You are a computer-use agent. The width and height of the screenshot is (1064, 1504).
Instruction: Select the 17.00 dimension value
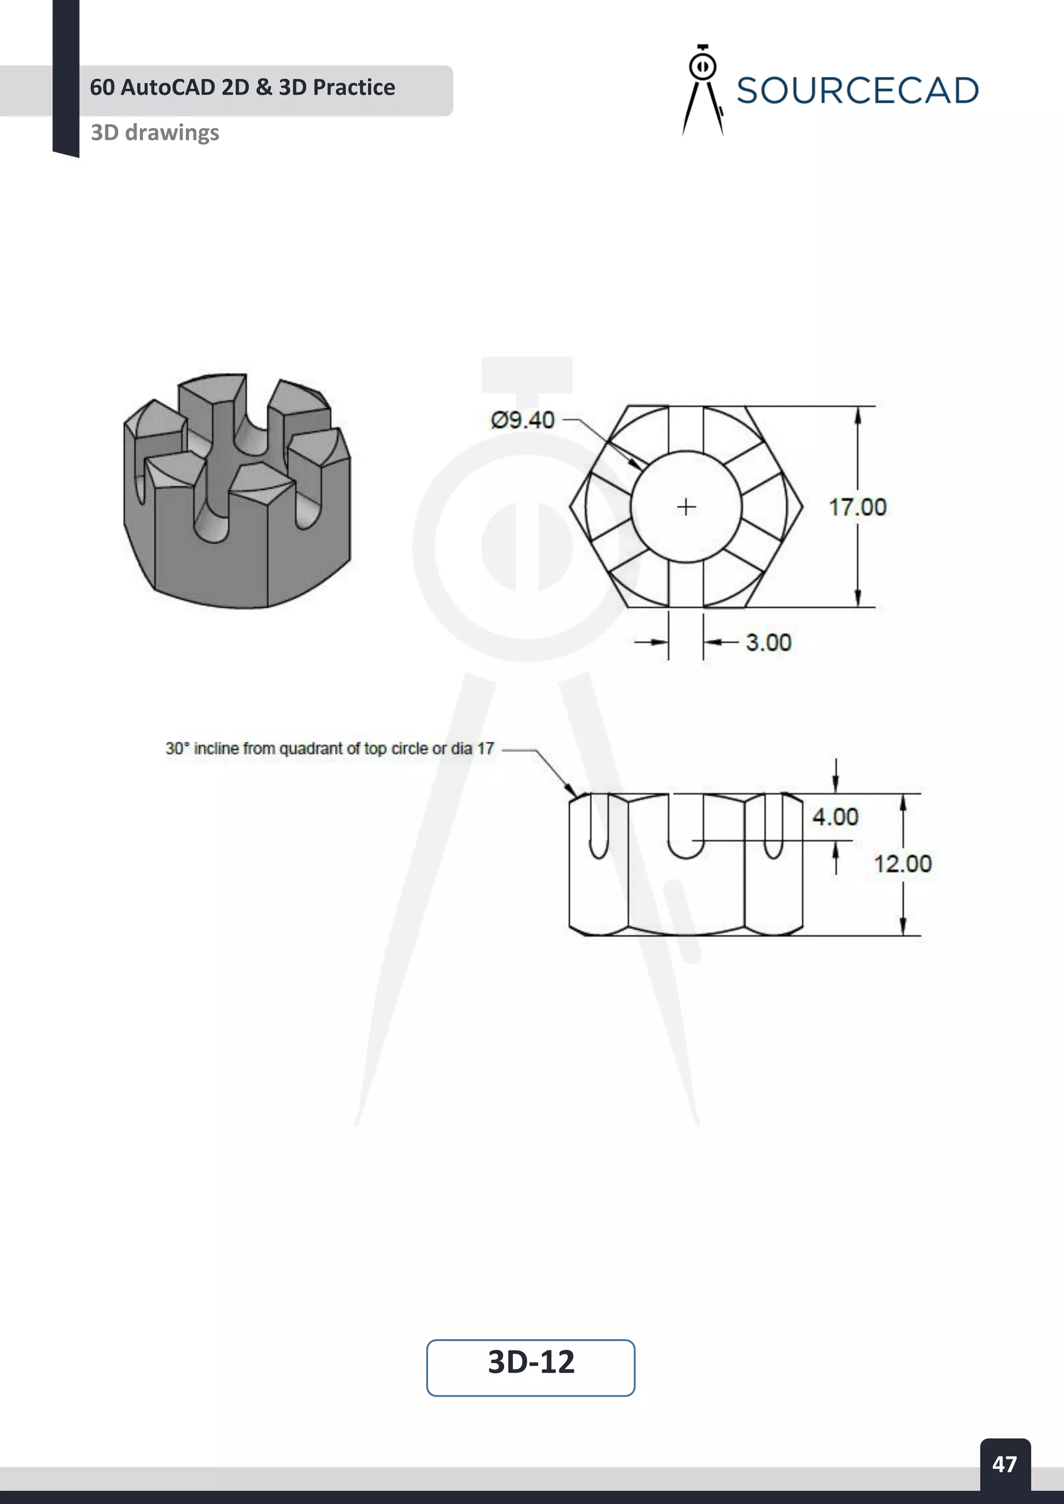coord(857,507)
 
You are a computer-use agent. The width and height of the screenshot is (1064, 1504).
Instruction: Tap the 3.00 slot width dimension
coord(768,642)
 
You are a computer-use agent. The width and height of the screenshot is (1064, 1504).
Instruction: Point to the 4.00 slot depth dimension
coord(835,817)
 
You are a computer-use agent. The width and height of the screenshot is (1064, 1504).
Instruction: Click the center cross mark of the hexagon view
coord(686,507)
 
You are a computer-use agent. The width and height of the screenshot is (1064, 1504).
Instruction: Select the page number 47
coord(1004,1464)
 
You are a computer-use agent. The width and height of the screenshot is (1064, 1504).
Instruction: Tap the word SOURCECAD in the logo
coord(857,90)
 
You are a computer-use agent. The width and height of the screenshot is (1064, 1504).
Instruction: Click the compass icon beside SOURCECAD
coord(702,90)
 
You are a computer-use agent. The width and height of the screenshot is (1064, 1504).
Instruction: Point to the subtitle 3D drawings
coord(155,132)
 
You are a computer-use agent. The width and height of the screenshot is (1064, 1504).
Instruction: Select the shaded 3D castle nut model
coord(237,491)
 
